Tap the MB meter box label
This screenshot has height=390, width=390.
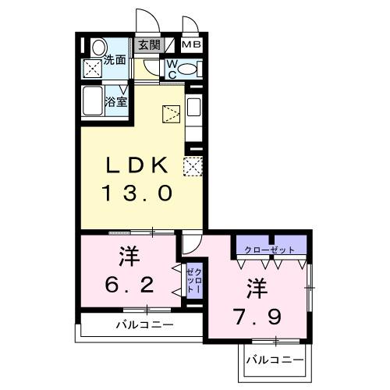coord(191,45)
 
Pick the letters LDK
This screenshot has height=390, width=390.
coord(138,165)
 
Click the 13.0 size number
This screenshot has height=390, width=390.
coord(137,193)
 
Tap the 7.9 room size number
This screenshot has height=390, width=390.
coord(257,317)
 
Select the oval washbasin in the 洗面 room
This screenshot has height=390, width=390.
coord(97,48)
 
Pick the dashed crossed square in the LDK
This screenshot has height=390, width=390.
coord(192,165)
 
